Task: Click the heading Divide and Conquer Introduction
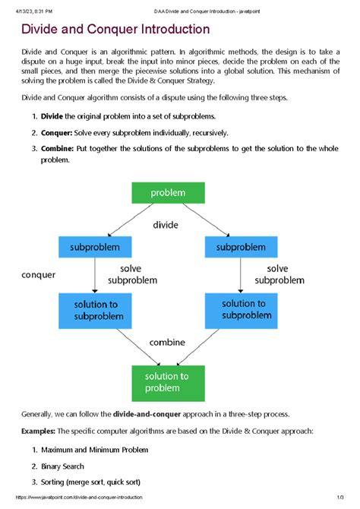(115, 30)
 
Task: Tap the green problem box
(168, 193)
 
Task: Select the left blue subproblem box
(94, 247)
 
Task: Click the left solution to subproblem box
(94, 310)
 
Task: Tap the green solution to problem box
(168, 381)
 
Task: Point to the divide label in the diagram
(165, 225)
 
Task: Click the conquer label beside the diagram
(38, 275)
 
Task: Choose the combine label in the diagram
(167, 342)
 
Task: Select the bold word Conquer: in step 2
(56, 133)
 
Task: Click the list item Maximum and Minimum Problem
(95, 449)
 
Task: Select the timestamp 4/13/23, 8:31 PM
(33, 5)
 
